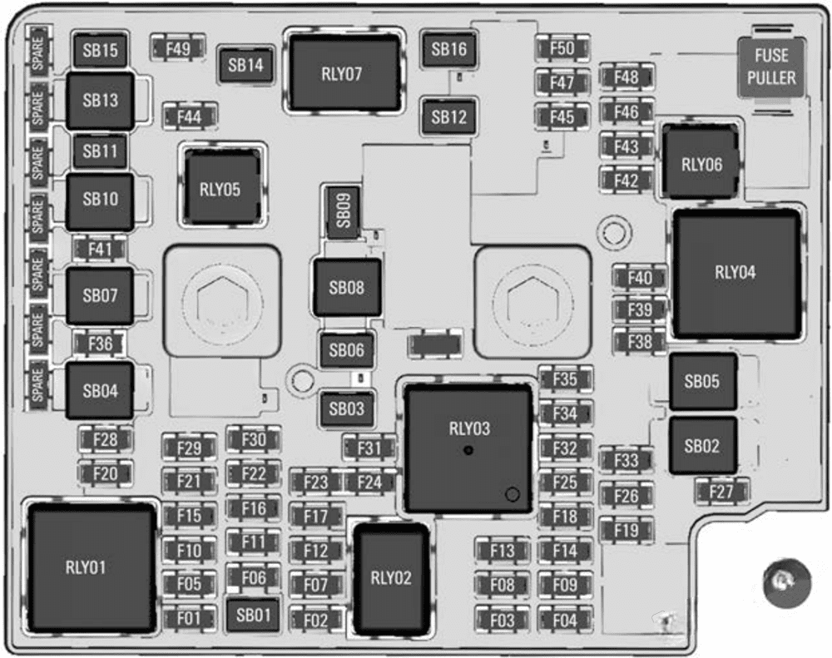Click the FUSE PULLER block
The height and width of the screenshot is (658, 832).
point(771,67)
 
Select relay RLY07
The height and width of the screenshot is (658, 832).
point(341,73)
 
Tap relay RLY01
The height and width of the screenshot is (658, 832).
point(86,567)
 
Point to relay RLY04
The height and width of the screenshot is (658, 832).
point(735,272)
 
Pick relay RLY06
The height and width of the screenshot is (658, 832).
point(701,164)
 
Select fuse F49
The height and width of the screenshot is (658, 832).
point(178,48)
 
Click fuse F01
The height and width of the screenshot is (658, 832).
point(189,618)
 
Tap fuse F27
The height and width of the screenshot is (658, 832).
point(721,492)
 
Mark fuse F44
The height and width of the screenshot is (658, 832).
point(190,117)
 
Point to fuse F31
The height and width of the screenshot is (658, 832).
point(369,448)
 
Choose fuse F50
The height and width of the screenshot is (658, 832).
point(562,48)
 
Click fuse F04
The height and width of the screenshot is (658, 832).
point(564,621)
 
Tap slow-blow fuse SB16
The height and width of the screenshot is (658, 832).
point(448,49)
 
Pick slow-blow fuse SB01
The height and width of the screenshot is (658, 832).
point(254,616)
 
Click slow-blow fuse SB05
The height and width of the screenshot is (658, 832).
point(702,382)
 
